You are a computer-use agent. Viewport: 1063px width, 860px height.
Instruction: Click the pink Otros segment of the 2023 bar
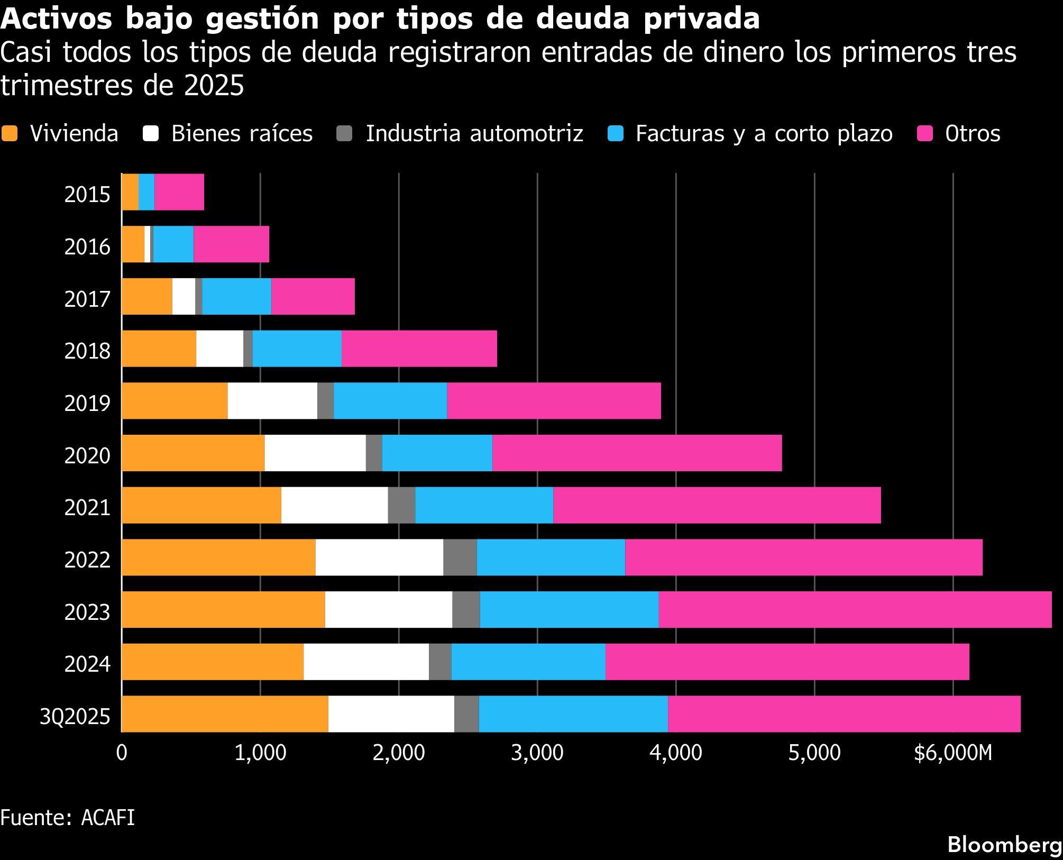pos(855,610)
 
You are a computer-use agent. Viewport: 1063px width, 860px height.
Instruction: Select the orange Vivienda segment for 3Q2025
pos(225,714)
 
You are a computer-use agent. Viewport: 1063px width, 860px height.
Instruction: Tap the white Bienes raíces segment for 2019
pos(272,401)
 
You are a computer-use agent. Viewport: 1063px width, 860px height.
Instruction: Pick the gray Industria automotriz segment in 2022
pos(460,557)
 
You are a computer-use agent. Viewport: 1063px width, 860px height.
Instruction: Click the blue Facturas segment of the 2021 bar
pos(484,505)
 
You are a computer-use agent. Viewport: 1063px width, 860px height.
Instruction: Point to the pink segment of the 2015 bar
pos(179,192)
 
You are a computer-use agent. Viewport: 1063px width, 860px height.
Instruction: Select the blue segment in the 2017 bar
pos(236,296)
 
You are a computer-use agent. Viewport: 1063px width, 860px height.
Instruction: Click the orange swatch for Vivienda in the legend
pos(10,133)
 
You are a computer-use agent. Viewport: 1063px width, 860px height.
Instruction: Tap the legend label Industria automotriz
pos(474,133)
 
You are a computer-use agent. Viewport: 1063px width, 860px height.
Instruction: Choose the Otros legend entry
pos(972,133)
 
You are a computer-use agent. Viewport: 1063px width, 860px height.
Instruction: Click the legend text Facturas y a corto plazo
pos(764,133)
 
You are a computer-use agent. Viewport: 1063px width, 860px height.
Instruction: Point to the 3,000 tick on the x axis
pos(537,753)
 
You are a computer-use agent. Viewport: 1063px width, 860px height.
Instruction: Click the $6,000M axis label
pos(953,753)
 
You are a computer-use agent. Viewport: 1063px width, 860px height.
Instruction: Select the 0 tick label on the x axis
pos(122,753)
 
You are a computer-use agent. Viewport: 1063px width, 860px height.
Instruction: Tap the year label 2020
pos(87,455)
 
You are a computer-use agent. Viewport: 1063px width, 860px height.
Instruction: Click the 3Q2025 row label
pos(75,717)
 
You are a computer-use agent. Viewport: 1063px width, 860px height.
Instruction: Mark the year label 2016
pos(87,247)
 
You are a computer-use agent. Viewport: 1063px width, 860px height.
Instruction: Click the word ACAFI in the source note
pos(108,818)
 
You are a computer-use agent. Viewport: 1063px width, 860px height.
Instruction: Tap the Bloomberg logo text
pos(1004,845)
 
